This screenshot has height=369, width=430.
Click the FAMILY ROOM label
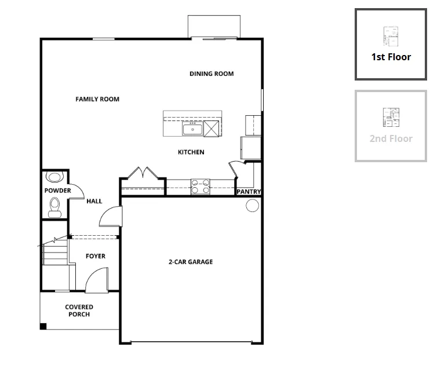click(97, 99)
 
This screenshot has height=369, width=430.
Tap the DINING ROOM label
click(212, 74)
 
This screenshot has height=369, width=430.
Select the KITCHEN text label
click(191, 152)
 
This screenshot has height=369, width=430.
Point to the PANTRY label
click(249, 192)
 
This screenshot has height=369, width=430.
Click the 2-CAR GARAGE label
click(191, 262)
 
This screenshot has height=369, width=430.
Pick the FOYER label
click(96, 256)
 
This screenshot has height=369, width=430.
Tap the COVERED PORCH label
click(79, 310)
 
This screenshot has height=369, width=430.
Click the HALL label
click(94, 201)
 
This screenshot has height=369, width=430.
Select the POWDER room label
click(57, 191)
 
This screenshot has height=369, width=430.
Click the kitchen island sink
click(192, 129)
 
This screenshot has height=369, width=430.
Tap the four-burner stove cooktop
click(201, 187)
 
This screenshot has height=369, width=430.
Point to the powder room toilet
click(55, 208)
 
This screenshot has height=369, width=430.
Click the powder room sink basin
click(55, 177)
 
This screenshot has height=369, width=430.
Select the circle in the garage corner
click(252, 206)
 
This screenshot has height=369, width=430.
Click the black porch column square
click(43, 326)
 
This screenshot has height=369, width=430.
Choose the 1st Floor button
click(391, 45)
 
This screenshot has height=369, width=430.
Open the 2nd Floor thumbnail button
click(391, 126)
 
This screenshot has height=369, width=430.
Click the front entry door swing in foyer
click(97, 280)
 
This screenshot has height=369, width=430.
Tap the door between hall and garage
click(111, 216)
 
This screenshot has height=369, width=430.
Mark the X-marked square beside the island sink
click(211, 129)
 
